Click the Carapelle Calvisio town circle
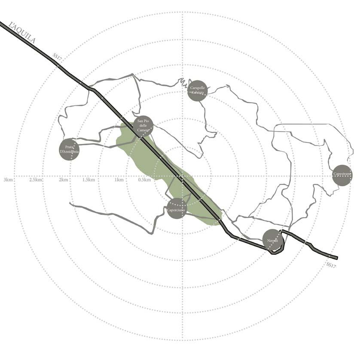pos(198,91)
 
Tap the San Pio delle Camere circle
pos(143,126)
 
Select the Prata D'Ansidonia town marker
pos(69,149)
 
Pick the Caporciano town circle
pos(177,208)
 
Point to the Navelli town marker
pos(273,240)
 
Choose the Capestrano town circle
pos(342,175)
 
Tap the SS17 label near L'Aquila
pos(57,58)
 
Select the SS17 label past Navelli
pos(331,265)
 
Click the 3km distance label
pos(8,180)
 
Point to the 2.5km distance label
pos(36,180)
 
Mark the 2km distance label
pos(63,180)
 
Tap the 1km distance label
pos(119,180)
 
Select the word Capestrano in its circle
pos(342,174)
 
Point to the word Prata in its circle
pos(69,146)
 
